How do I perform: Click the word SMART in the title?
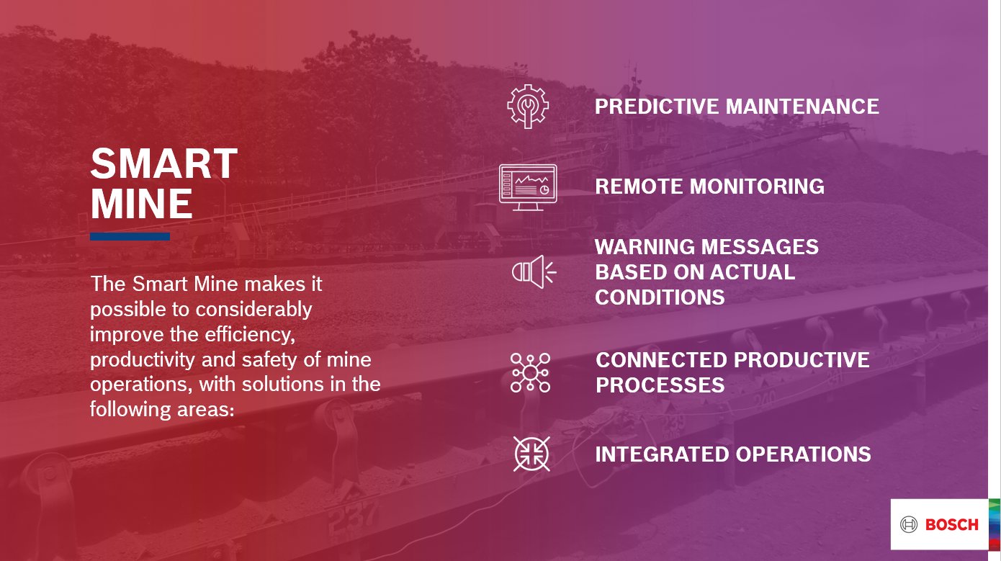coord(163,164)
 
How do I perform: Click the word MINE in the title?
coord(142,205)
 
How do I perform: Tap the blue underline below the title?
coord(130,236)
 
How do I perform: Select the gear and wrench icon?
coord(528,107)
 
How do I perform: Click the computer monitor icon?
coord(528,187)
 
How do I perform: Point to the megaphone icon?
coord(533,271)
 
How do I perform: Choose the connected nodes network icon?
coord(530,372)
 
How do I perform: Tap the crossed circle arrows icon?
coord(531,454)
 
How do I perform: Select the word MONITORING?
coord(757,187)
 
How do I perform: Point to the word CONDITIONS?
coord(660,297)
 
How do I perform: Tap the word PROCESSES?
coord(660,385)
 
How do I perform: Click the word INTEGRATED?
coord(662,454)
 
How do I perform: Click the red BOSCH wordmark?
coord(951,524)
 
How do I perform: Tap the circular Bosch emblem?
coord(910,524)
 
